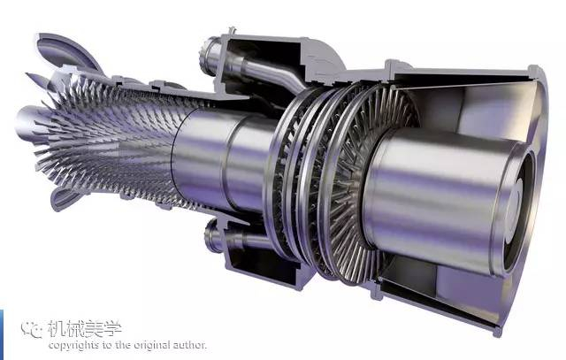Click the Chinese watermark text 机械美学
[x=85, y=328]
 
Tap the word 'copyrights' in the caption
[x=73, y=346]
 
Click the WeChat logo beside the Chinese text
[x=32, y=328]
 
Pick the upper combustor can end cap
[x=209, y=55]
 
